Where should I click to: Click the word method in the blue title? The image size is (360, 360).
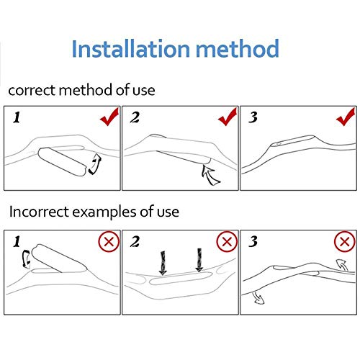click(x=238, y=48)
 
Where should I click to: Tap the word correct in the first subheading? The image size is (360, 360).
click(x=32, y=91)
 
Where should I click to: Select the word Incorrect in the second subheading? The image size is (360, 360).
click(x=39, y=212)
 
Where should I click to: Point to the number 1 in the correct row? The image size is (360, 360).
click(x=17, y=117)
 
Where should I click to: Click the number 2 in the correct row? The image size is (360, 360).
click(x=135, y=117)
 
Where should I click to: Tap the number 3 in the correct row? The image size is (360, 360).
click(x=253, y=117)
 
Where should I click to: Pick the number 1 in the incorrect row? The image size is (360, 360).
click(x=17, y=241)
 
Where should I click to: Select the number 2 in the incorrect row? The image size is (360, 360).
click(x=135, y=241)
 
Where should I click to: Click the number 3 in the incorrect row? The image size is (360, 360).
click(x=253, y=241)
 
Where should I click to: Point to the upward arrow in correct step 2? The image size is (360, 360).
click(x=210, y=175)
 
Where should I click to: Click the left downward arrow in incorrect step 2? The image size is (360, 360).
click(x=163, y=263)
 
